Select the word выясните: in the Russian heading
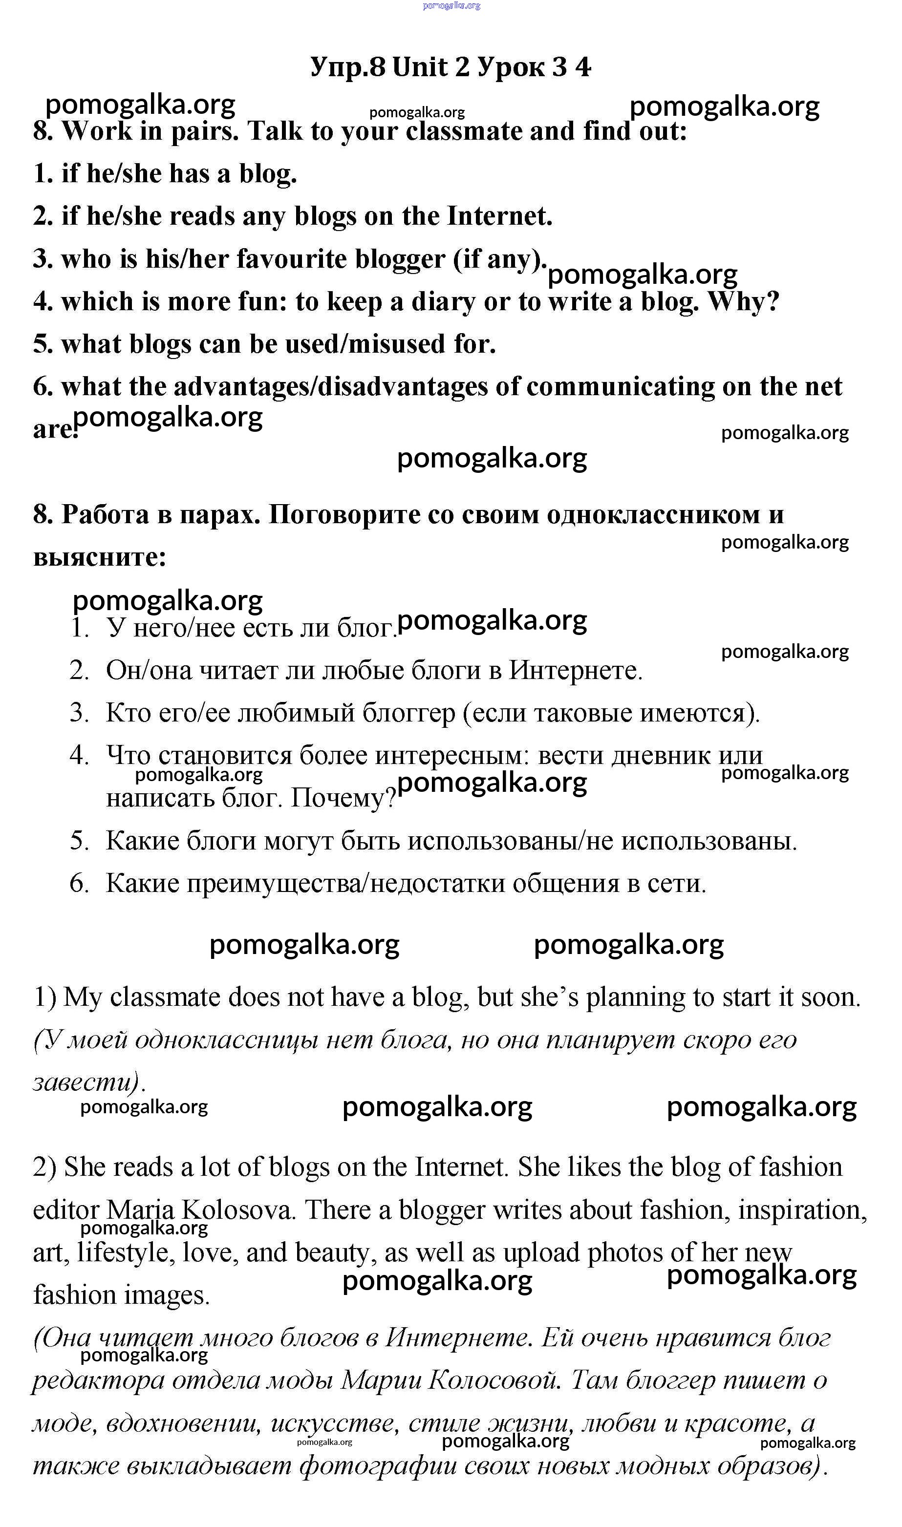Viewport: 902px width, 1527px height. (x=100, y=558)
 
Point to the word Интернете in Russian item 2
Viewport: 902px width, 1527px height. (x=575, y=671)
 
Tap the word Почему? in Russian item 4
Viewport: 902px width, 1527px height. (x=343, y=799)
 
